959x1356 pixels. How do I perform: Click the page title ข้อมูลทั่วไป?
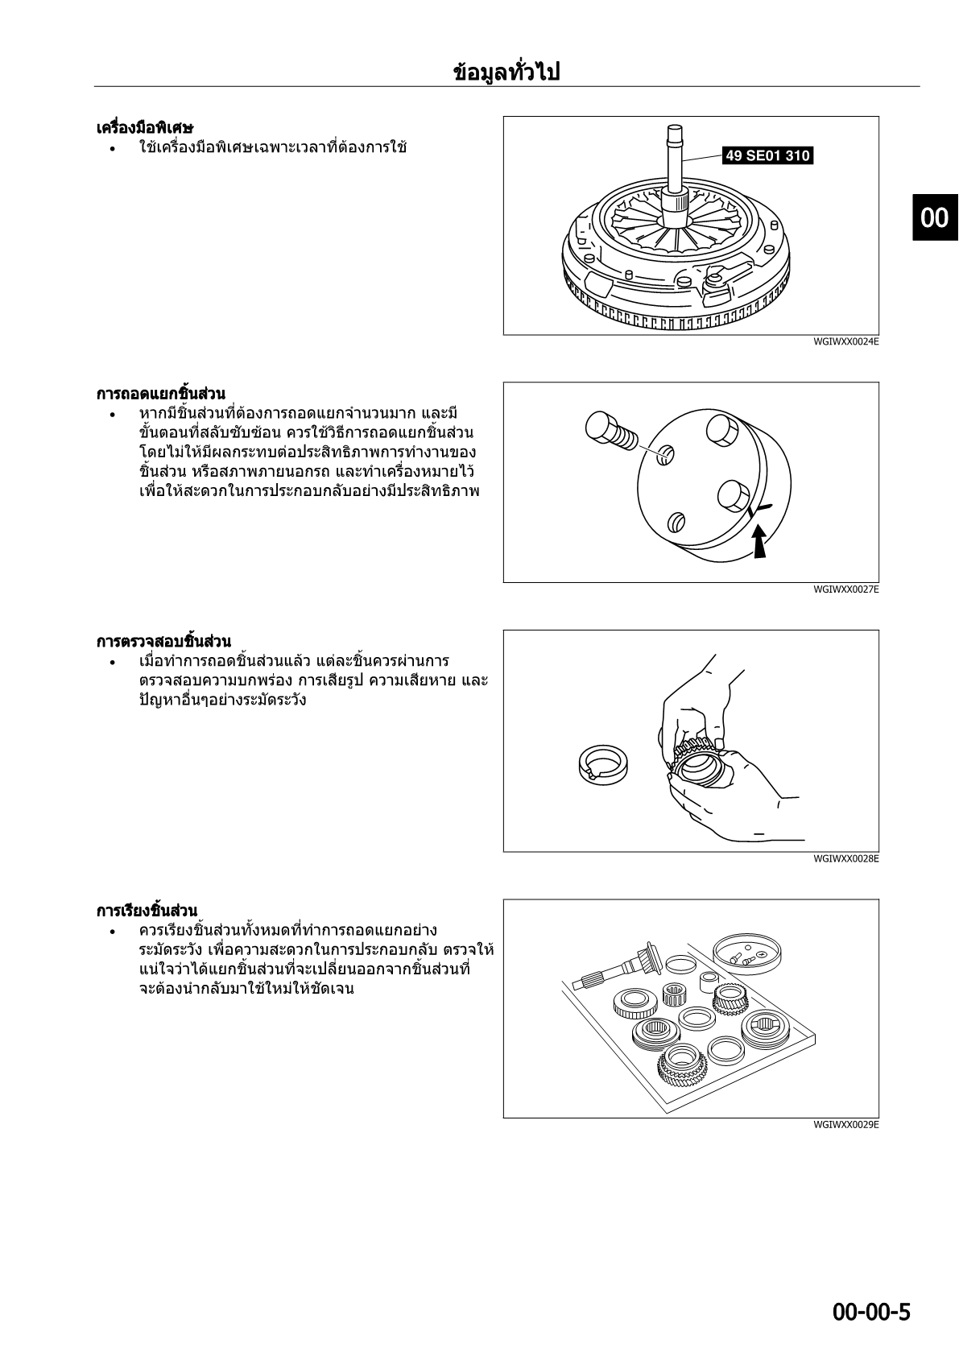pos(506,72)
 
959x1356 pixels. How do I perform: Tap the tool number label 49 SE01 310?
pos(767,155)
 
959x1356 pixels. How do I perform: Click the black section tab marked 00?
pos(936,217)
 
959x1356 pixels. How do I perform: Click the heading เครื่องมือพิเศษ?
pos(145,128)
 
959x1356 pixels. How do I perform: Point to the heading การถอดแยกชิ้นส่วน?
pos(161,394)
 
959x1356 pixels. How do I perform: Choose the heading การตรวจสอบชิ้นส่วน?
pos(163,641)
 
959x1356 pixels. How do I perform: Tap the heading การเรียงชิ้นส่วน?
pos(147,911)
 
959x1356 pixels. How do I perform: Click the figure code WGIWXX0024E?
pos(845,341)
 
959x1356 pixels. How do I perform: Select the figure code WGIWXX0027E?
pos(845,589)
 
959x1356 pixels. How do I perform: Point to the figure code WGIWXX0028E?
pos(845,858)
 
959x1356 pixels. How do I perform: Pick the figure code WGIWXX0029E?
pos(845,1125)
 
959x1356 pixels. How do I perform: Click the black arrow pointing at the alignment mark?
pos(759,540)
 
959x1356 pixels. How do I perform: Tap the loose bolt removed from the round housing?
pos(611,431)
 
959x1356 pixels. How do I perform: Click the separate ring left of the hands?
pos(603,765)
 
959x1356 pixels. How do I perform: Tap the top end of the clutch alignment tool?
pos(675,128)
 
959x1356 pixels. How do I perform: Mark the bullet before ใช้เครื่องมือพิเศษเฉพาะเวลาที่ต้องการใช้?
pos(113,148)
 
